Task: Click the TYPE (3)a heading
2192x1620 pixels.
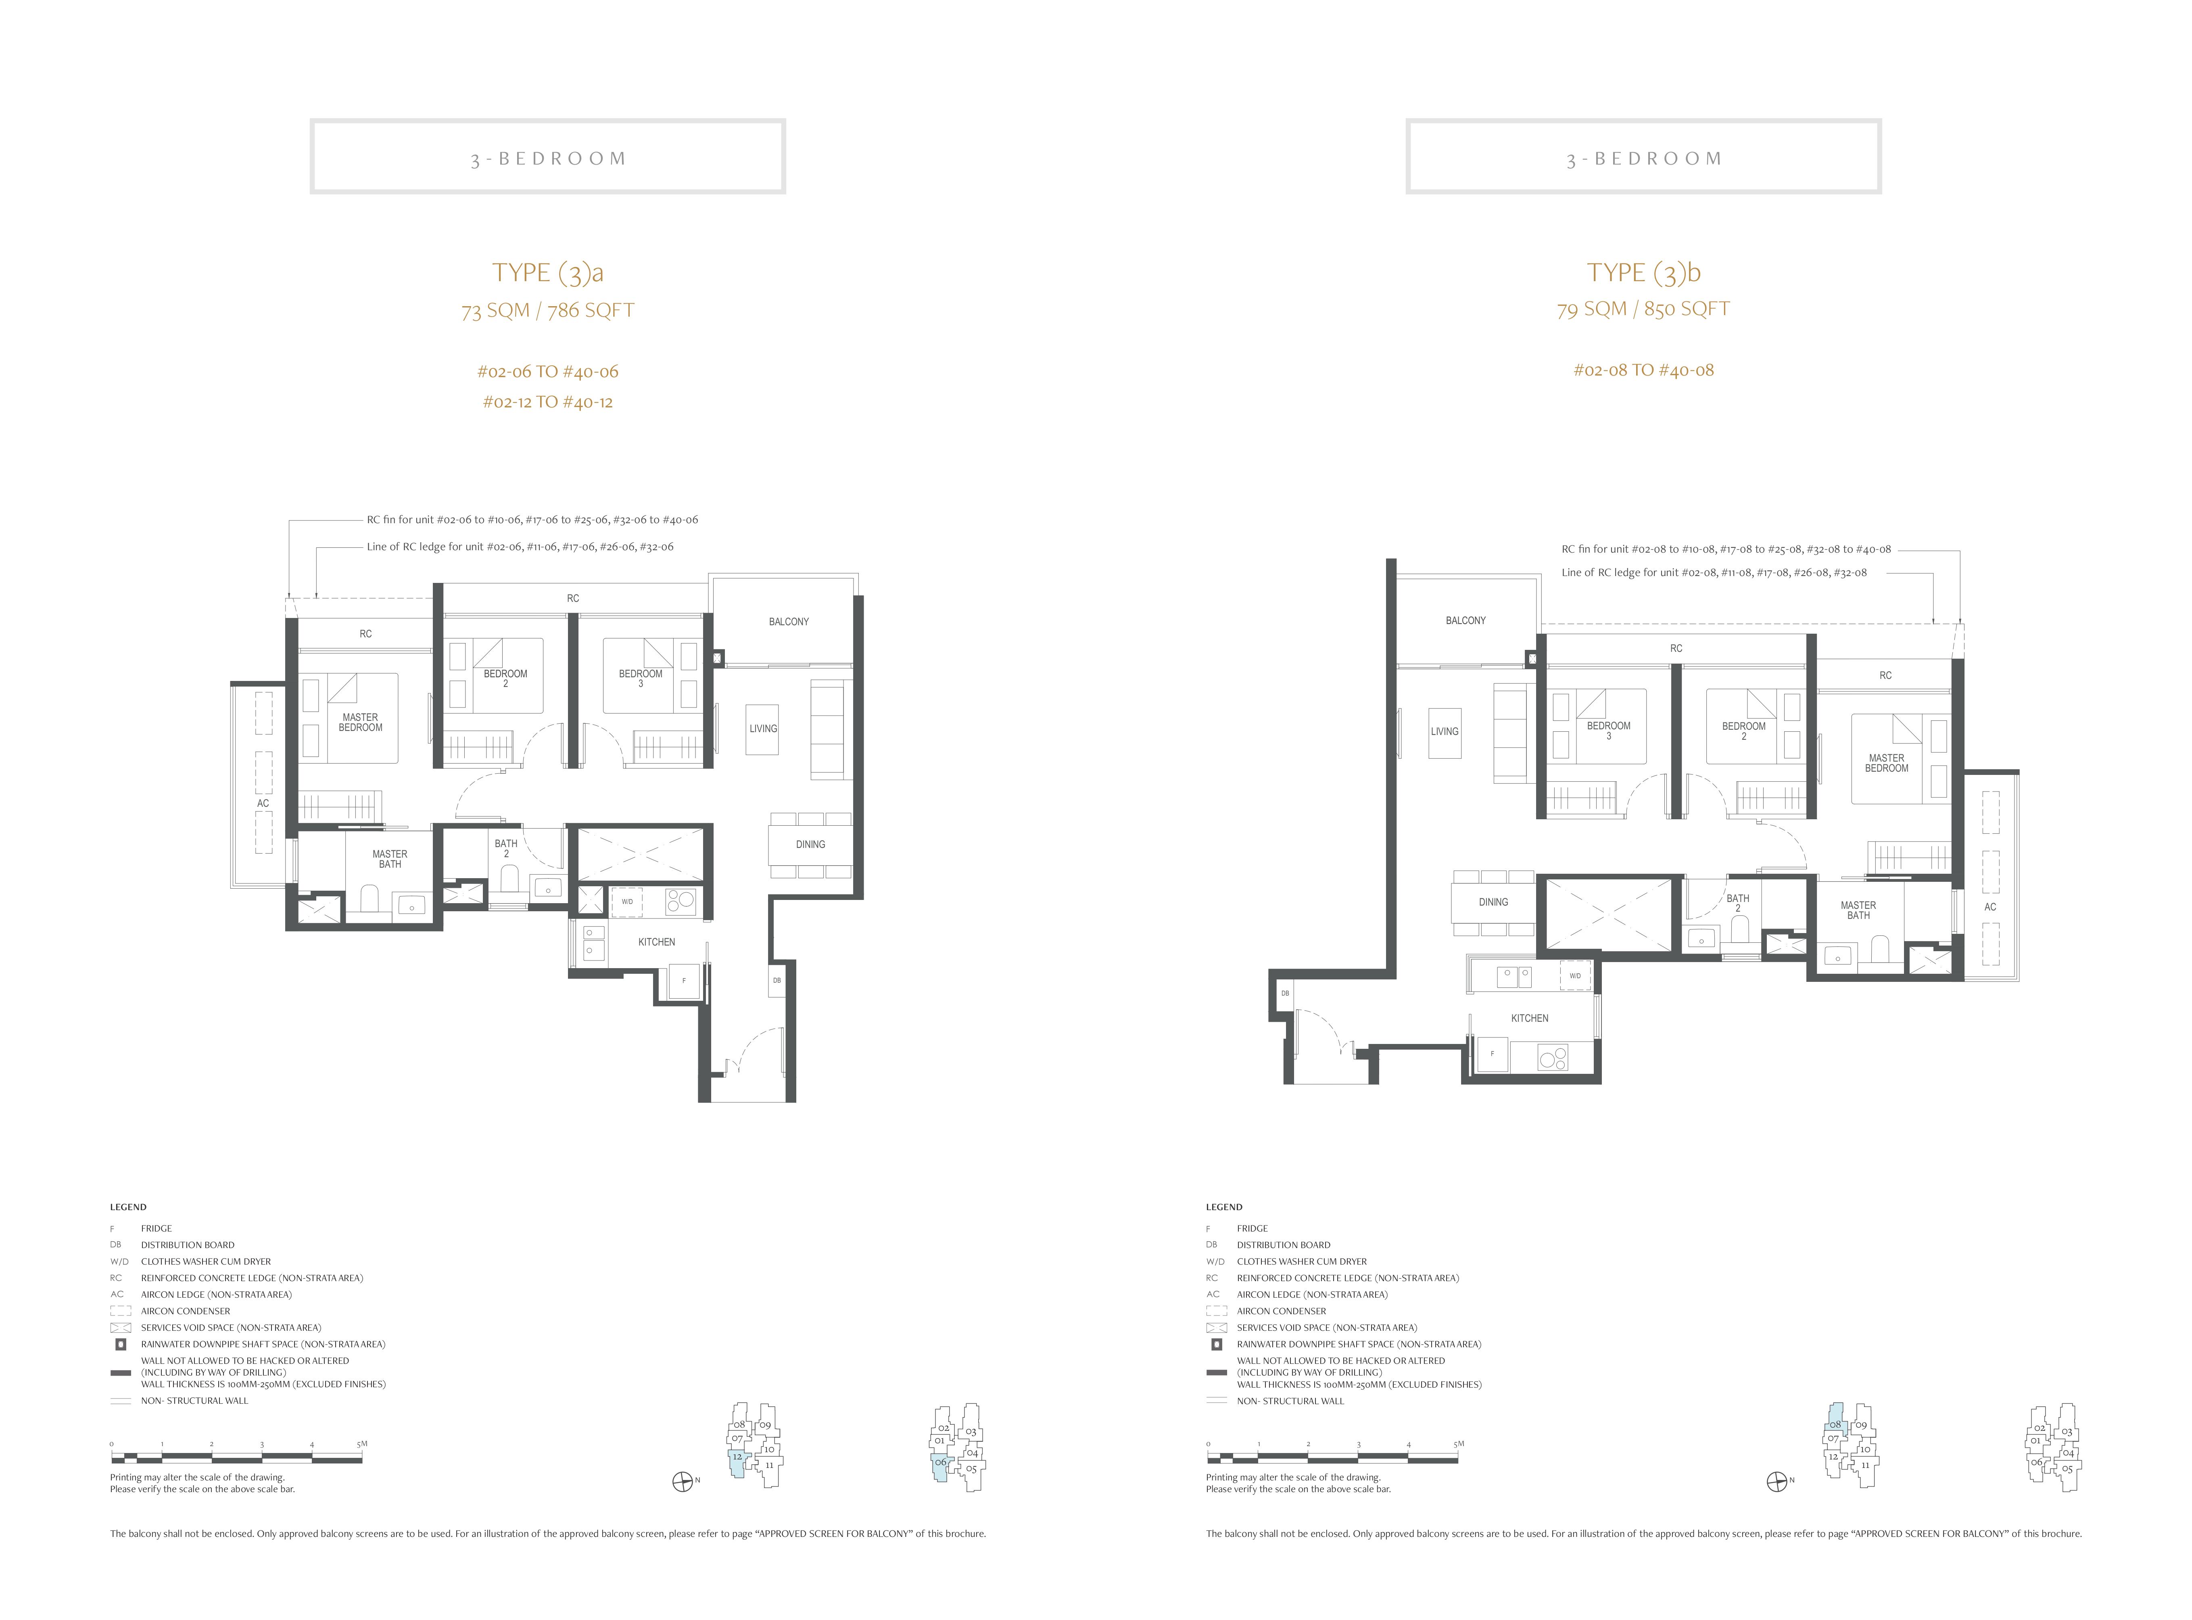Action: pos(547,273)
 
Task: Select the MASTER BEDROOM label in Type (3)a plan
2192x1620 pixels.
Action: pos(361,723)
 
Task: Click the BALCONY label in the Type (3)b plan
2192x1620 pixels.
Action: pos(1465,621)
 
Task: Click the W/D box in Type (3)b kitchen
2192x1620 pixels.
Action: pos(1574,976)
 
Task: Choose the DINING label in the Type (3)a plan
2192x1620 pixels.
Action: pos(810,844)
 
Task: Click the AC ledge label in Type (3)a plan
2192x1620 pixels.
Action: pos(263,803)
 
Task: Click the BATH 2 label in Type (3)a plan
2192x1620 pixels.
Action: pos(506,848)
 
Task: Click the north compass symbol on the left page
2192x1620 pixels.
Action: pos(683,1482)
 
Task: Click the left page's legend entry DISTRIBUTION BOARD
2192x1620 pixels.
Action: pos(187,1245)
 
